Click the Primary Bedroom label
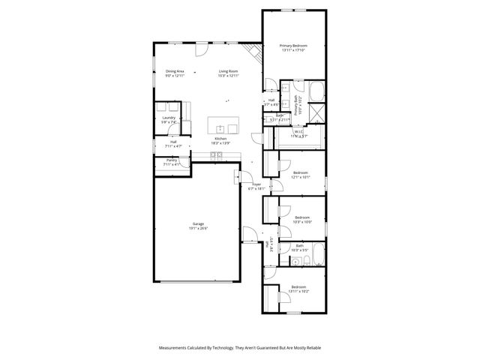(x=294, y=46)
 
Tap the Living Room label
(x=228, y=70)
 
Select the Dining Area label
(x=175, y=70)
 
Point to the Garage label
(x=198, y=223)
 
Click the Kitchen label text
(x=220, y=139)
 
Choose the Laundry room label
(x=168, y=118)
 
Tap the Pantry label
(x=172, y=160)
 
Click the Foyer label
(x=256, y=184)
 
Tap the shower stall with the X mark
(x=317, y=113)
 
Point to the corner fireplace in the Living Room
(x=256, y=52)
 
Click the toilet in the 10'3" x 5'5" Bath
(x=296, y=261)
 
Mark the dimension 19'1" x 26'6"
(x=198, y=228)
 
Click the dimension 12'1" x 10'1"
(x=301, y=178)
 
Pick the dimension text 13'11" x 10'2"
(x=298, y=292)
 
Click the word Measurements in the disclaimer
(x=177, y=348)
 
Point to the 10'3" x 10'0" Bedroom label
(x=301, y=217)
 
